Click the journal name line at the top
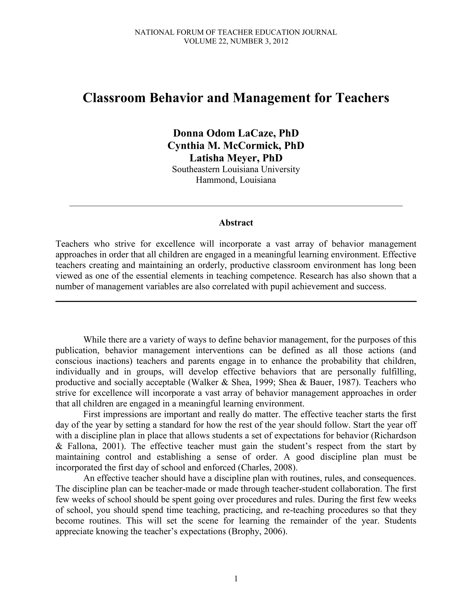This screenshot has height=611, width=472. tap(236, 33)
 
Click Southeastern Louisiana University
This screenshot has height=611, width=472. tap(236, 169)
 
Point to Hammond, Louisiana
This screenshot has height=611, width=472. tap(236, 180)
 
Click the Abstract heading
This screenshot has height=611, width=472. tap(236, 223)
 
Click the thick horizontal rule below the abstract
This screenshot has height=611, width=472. tap(236, 301)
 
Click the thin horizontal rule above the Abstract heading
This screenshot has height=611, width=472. tap(236, 206)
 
